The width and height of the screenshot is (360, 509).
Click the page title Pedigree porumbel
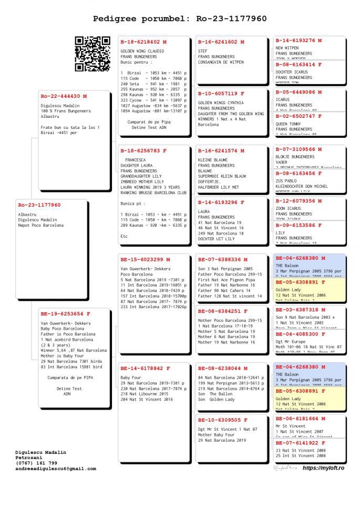[180, 19]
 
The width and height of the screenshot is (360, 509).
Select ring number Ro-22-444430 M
[64, 96]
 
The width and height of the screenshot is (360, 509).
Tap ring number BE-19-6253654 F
[66, 314]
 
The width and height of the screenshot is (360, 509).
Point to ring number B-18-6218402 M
[143, 42]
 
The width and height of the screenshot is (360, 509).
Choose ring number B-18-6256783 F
[143, 151]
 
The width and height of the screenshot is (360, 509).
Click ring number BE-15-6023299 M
[146, 259]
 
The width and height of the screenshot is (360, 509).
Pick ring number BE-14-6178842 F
[146, 368]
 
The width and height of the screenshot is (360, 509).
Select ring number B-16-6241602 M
[221, 42]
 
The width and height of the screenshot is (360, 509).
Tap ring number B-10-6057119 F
[221, 94]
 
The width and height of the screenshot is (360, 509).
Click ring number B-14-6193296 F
[221, 202]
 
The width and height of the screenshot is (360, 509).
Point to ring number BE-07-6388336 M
[223, 259]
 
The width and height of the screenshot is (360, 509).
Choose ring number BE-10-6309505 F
[223, 420]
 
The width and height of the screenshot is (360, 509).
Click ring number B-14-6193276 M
[299, 40]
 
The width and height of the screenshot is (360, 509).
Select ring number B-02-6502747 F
[299, 116]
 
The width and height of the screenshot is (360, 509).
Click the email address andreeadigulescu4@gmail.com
[56, 469]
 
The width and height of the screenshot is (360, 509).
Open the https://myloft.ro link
[324, 468]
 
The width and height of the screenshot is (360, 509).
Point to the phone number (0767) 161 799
[36, 463]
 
